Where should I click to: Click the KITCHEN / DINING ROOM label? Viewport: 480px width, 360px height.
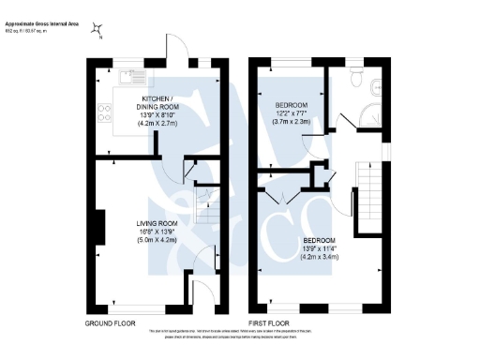[157, 101]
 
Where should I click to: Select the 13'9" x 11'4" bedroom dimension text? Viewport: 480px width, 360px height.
[319, 248]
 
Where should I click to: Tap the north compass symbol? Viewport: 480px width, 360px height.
[96, 30]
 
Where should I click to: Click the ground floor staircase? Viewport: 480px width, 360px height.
[202, 202]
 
